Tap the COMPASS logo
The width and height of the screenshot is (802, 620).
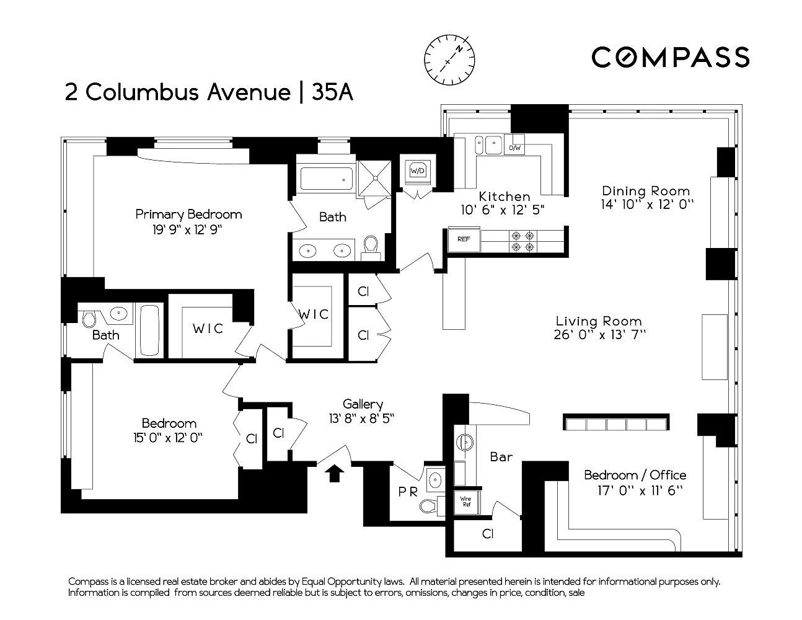671,57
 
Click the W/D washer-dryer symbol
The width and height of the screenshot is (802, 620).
417,171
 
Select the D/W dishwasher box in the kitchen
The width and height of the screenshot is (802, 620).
514,148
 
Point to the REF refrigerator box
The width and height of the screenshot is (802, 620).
464,239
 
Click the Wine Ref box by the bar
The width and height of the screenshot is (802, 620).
466,502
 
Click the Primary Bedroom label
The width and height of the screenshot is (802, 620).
188,215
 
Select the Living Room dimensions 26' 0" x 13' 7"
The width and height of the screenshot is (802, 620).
599,335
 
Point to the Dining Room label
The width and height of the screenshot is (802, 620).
646,191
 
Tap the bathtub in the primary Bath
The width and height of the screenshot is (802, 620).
326,179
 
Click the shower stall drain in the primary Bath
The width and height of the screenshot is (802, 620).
376,178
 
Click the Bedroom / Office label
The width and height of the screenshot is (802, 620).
635,475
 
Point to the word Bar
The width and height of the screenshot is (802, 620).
501,458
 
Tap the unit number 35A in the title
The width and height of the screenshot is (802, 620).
333,92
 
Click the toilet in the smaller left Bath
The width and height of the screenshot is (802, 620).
89,319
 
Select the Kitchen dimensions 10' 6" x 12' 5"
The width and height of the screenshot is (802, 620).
503,210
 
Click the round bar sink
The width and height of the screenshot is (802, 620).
465,441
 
